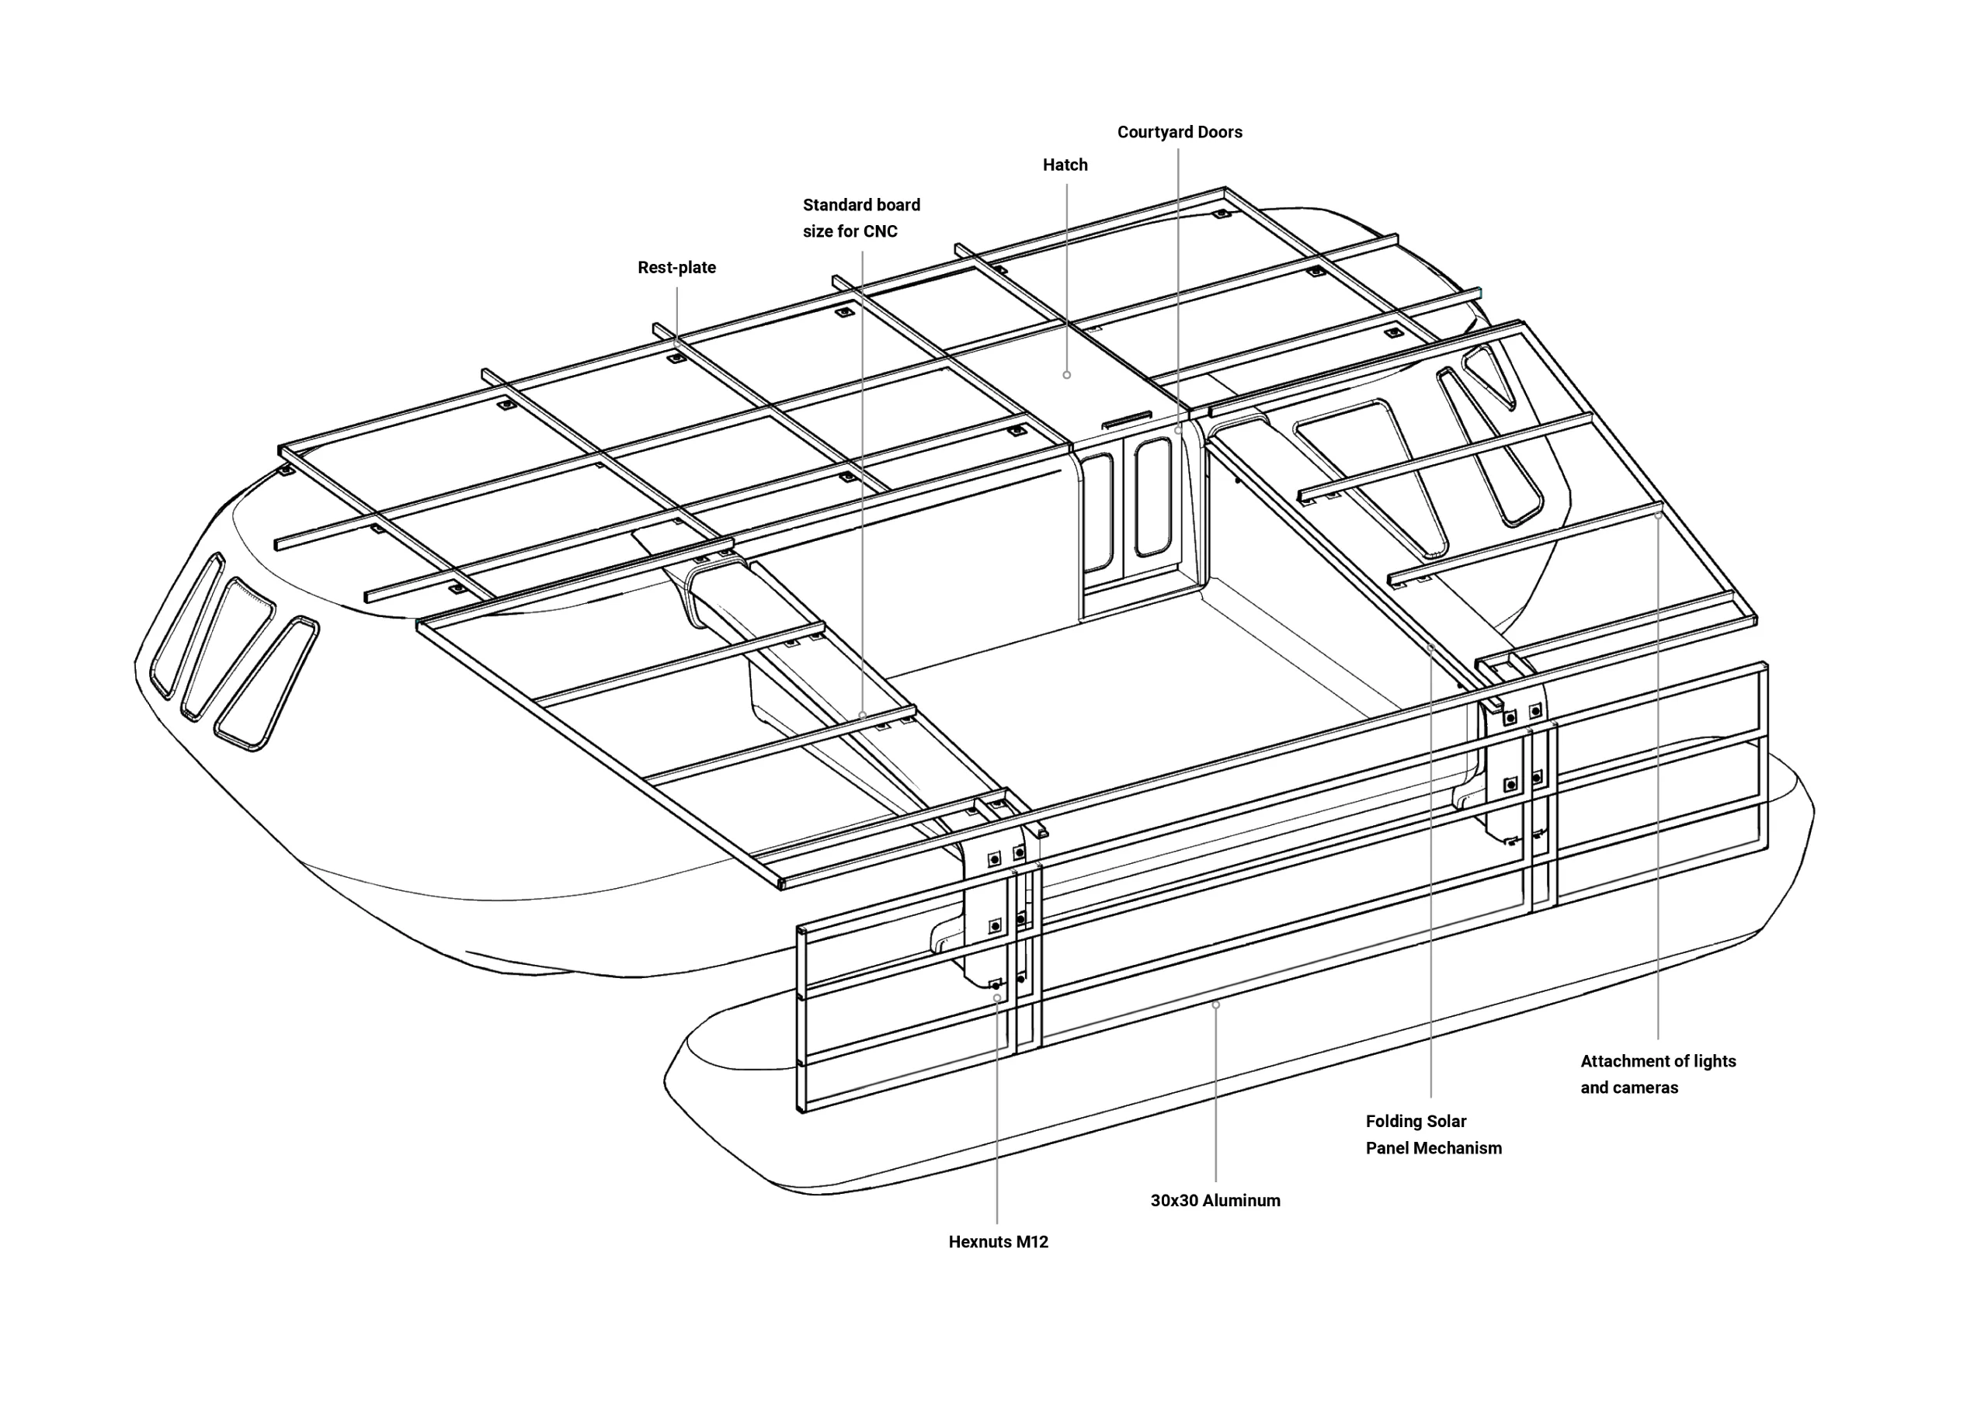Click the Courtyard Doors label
pos(1180,133)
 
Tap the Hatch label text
pos(1064,165)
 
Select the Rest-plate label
pos(676,269)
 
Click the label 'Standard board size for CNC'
pos(860,218)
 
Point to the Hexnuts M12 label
pos(997,1242)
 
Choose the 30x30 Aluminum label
pos(1215,1201)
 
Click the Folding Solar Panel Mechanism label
pos(1433,1135)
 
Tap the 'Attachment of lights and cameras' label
pos(1657,1074)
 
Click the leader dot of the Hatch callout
pos(1067,375)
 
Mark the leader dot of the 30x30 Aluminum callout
pos(1215,1005)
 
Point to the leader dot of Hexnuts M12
pos(996,998)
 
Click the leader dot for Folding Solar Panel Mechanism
pos(1430,647)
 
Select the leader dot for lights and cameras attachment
pos(1658,515)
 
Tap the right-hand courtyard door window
pos(1152,497)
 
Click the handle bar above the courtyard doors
pos(1125,420)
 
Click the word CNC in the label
pos(880,232)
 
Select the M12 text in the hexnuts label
pos(1032,1242)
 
